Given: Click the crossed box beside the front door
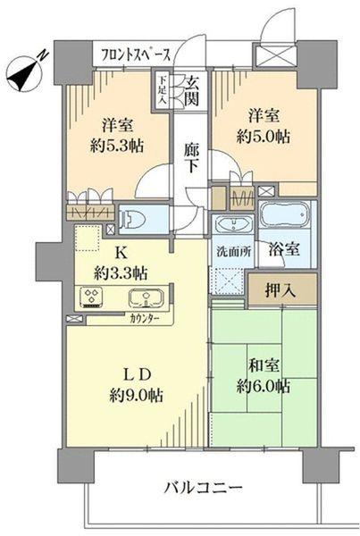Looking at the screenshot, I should pyautogui.click(x=270, y=54).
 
